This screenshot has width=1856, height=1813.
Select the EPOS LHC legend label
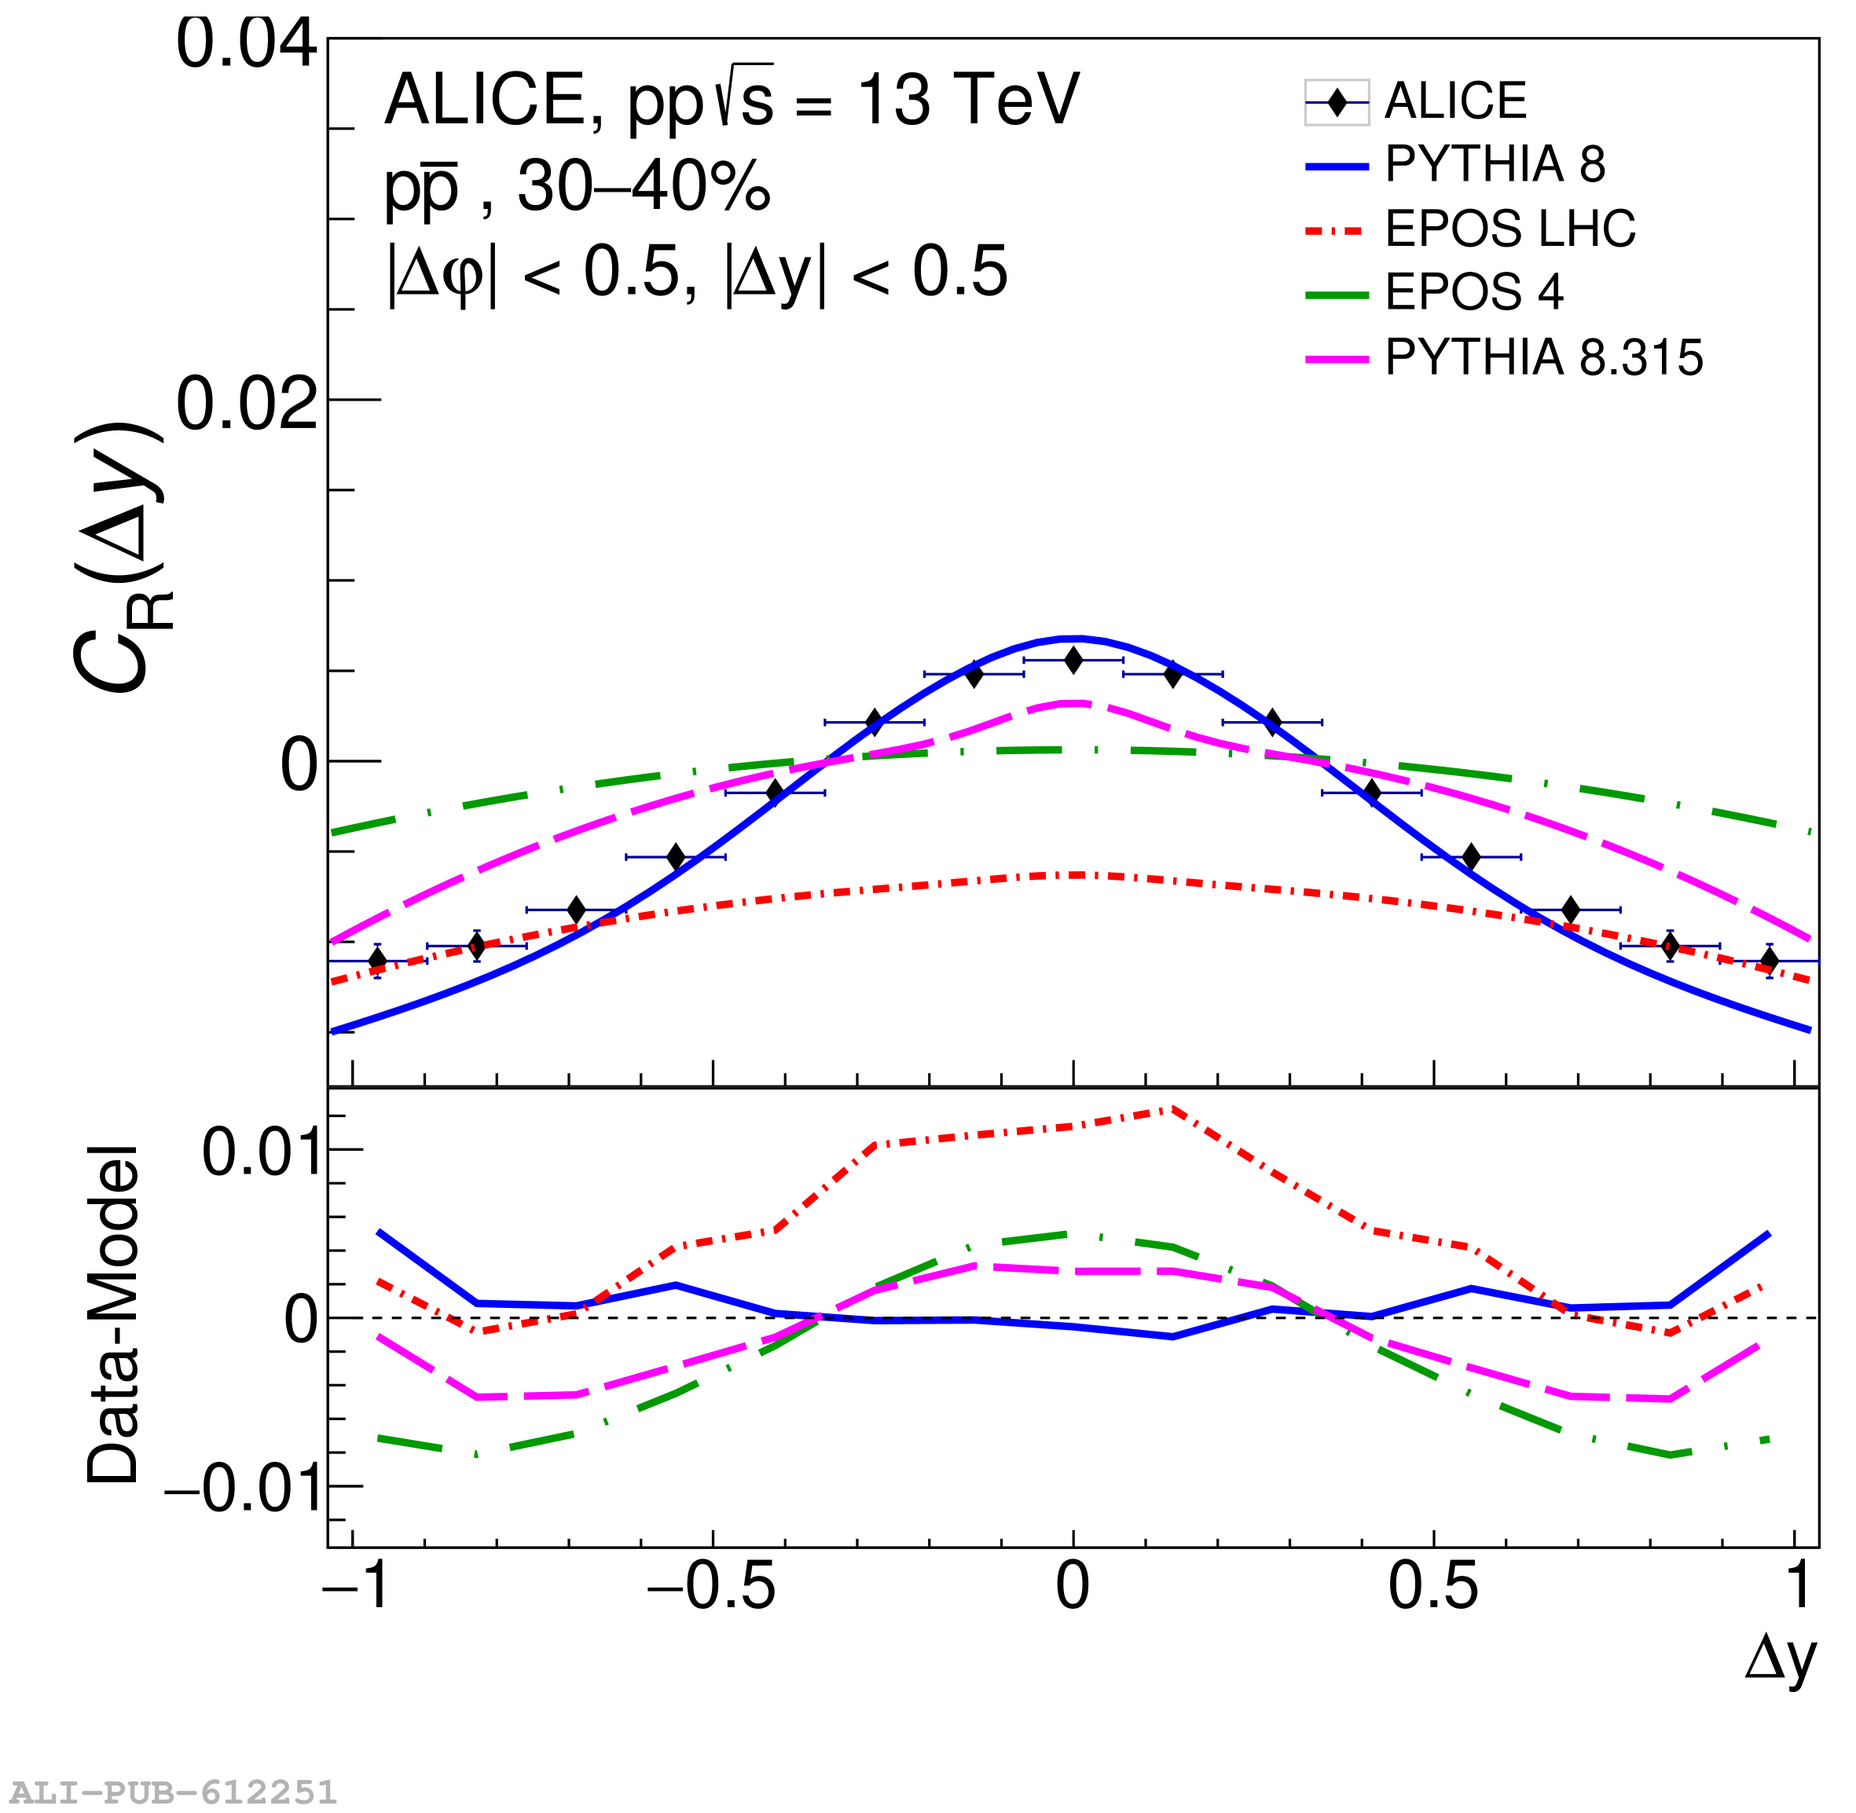[1509, 229]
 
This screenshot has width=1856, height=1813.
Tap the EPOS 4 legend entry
[1473, 292]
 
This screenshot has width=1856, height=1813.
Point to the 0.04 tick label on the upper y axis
[246, 44]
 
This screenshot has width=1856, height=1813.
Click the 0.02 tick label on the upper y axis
[246, 404]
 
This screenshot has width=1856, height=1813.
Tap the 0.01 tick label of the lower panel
[259, 1152]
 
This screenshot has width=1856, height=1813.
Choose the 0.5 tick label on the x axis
[1432, 1588]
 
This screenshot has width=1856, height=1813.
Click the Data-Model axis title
[112, 1315]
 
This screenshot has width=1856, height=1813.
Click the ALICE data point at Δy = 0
[1073, 660]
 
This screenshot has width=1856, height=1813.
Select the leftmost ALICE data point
[377, 960]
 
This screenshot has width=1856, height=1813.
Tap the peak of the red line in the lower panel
[1173, 1109]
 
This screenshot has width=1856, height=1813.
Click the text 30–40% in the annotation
[644, 187]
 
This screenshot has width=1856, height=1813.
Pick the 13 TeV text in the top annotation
[969, 100]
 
